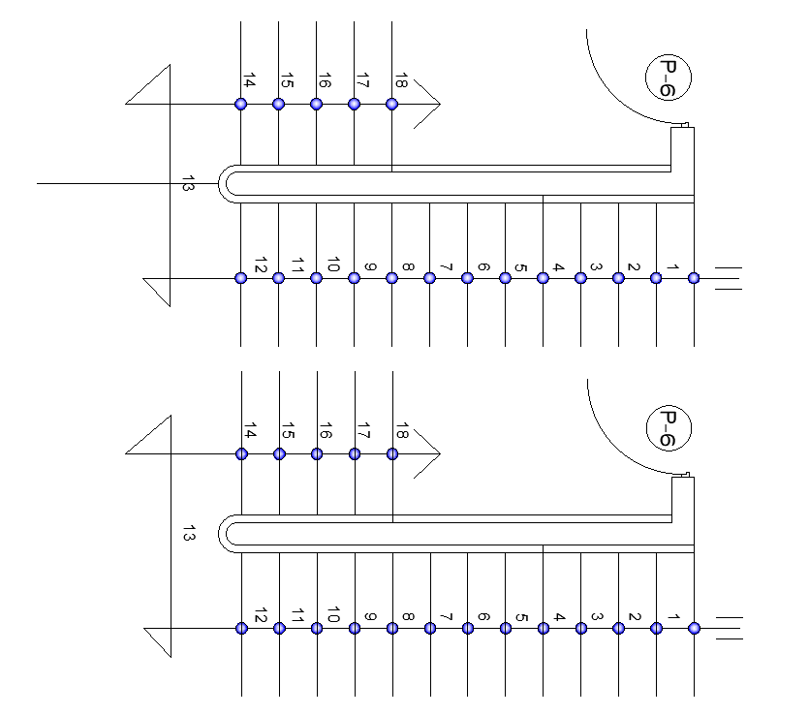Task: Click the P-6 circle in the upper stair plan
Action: (669, 77)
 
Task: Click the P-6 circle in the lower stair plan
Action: (669, 427)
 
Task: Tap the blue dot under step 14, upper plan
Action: (241, 104)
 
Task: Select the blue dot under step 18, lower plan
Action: (392, 453)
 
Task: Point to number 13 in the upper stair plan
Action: (188, 183)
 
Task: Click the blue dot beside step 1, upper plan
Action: (694, 278)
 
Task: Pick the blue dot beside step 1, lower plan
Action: (694, 628)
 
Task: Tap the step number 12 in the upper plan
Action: (260, 265)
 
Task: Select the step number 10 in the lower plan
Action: (333, 615)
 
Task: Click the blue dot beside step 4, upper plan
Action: (543, 278)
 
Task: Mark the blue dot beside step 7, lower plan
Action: (430, 628)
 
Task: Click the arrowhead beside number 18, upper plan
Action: (432, 104)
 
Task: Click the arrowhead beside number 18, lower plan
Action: (432, 453)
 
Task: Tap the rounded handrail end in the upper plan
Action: (227, 183)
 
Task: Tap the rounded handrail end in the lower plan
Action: (227, 533)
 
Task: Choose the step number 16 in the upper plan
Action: (325, 81)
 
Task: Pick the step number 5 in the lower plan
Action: (521, 618)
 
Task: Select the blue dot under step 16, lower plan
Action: (317, 453)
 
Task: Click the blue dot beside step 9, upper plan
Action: (355, 278)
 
